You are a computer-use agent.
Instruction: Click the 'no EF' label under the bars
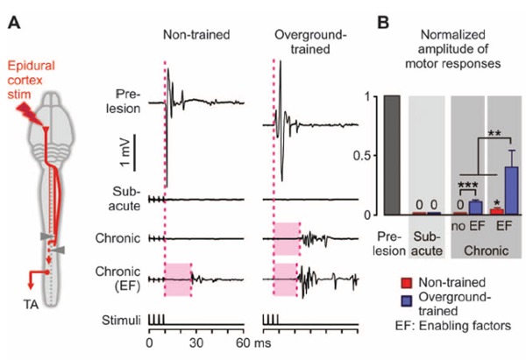point(465,227)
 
